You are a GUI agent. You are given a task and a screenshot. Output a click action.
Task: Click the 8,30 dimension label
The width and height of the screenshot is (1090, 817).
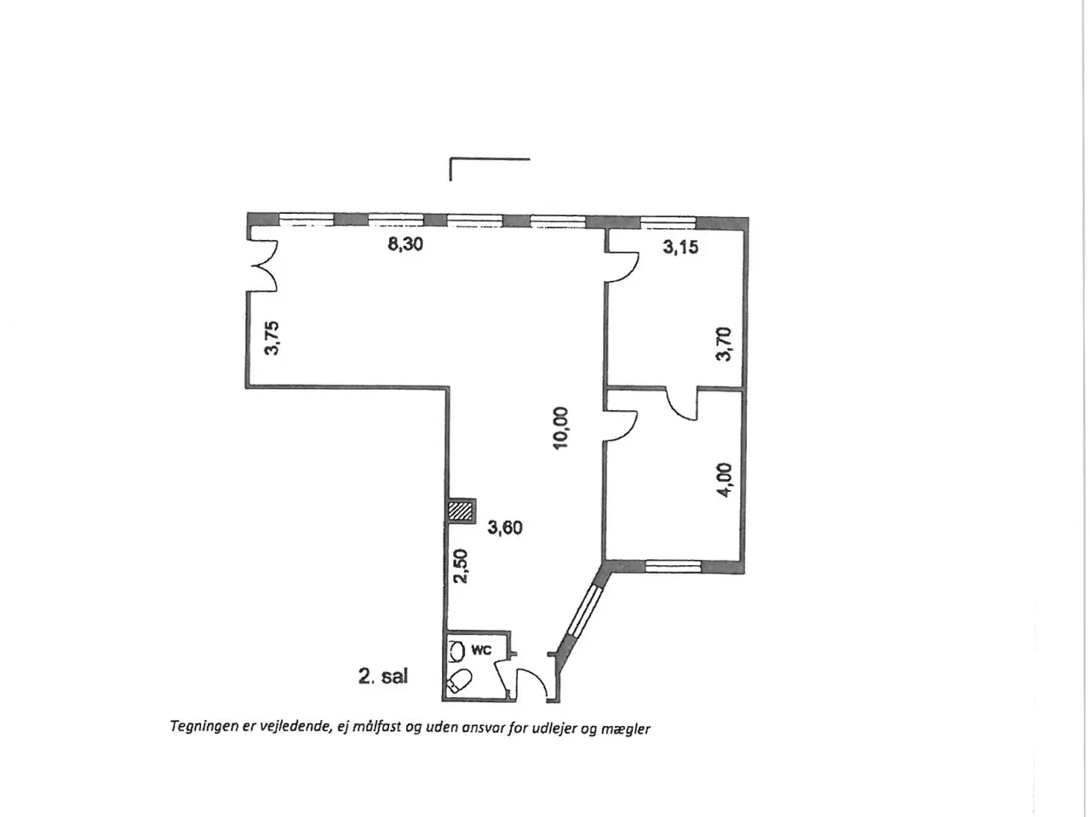(405, 244)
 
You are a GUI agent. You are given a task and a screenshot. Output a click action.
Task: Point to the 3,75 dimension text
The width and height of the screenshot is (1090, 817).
(272, 339)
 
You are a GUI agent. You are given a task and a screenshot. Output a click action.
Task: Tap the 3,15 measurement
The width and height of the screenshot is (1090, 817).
(680, 247)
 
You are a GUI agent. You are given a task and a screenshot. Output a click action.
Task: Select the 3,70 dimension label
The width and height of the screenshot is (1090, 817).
(724, 345)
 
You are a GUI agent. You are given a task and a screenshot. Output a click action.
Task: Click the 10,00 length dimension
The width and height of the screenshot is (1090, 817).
(559, 428)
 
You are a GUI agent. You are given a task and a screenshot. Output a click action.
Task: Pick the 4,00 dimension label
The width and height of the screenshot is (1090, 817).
(725, 480)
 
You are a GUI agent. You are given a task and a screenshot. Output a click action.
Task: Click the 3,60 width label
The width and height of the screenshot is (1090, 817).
(505, 528)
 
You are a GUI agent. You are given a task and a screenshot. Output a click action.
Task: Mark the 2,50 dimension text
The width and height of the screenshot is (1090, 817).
(462, 567)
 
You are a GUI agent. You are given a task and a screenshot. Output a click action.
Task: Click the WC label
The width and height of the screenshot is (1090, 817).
(481, 650)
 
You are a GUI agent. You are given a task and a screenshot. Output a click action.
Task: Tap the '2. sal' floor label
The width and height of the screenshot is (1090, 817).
(383, 676)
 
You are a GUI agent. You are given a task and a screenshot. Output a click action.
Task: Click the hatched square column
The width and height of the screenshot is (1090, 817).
(461, 511)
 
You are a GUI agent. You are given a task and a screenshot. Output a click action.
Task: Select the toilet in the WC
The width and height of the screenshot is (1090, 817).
(459, 680)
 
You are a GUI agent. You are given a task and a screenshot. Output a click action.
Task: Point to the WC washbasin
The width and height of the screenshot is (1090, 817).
(456, 650)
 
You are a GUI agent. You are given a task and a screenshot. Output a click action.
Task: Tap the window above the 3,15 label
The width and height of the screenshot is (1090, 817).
(668, 222)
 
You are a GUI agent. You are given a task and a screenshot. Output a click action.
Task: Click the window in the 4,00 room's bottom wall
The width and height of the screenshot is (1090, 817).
(673, 566)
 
